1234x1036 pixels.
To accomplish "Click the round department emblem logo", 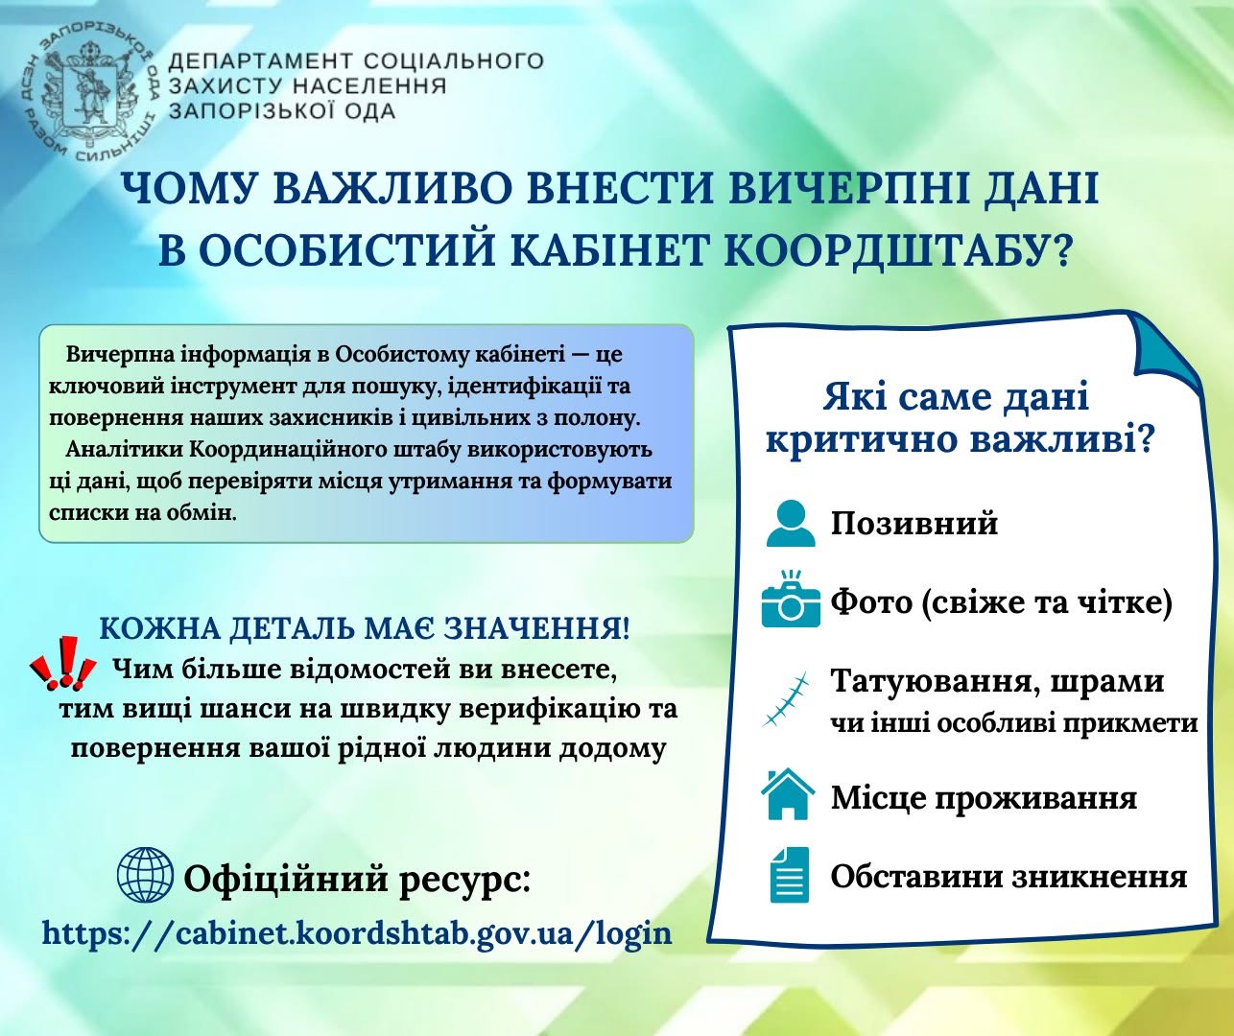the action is click(87, 95).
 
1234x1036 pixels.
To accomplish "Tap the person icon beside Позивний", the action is click(790, 523).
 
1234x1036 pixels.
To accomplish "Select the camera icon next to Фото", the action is click(790, 599).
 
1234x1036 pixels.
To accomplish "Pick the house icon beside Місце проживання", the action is click(788, 793).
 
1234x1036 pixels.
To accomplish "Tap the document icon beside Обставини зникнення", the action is click(789, 875).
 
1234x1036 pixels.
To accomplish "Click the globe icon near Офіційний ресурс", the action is click(145, 875).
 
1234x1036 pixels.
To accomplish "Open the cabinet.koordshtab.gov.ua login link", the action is click(358, 933).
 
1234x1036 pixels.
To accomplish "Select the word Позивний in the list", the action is click(914, 524).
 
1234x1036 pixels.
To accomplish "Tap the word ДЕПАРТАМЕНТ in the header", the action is click(261, 60).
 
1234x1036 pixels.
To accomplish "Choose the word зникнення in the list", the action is click(1100, 877).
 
